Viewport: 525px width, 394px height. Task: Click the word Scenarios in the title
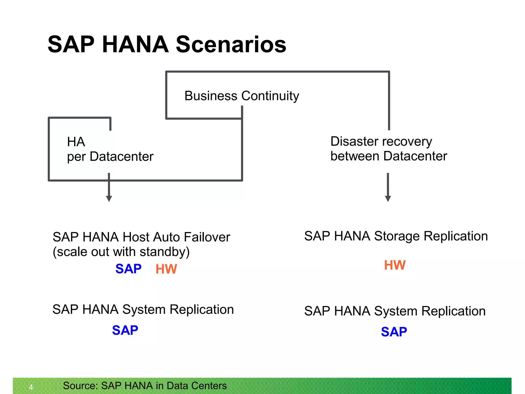(x=231, y=45)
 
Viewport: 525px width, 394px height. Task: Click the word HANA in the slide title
(x=135, y=45)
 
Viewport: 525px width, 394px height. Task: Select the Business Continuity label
(x=241, y=96)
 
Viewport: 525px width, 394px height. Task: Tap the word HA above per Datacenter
(x=76, y=142)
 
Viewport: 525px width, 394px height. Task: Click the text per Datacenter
(x=110, y=157)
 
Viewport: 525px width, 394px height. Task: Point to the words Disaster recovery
(x=381, y=142)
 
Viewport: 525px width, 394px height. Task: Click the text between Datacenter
(x=389, y=156)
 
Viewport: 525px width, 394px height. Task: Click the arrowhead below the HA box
(x=109, y=199)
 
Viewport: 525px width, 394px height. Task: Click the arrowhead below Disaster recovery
(x=388, y=199)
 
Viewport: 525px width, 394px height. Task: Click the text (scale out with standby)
(x=121, y=252)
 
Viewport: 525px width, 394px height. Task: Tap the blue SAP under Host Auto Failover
(x=128, y=269)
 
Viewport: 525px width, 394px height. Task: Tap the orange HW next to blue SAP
(x=166, y=269)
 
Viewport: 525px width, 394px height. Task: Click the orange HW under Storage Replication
(x=395, y=265)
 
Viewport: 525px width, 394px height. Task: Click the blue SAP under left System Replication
(x=125, y=330)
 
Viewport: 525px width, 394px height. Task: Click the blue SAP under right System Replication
(x=394, y=332)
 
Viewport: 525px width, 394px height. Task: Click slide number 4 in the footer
(x=31, y=387)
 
